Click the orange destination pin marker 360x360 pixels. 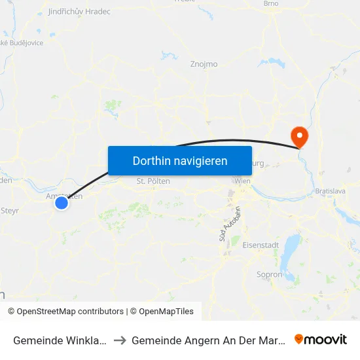click(300, 136)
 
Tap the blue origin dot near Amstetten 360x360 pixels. click(62, 203)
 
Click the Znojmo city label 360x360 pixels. click(203, 64)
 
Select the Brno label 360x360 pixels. click(270, 4)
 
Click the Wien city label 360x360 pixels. click(242, 181)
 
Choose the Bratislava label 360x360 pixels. click(329, 190)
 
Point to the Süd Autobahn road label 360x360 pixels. click(225, 226)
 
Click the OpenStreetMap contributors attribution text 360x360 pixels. click(70, 312)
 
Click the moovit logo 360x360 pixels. click(321, 340)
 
